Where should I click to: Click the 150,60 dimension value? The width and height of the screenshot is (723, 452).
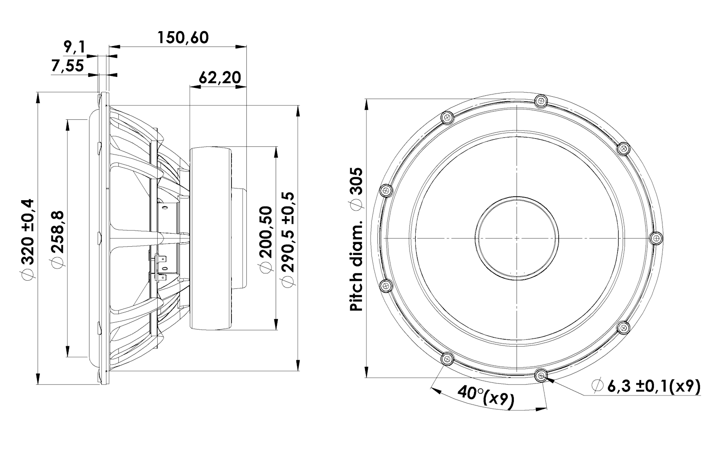coord(183,38)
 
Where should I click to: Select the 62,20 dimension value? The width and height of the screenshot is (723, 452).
coord(220,78)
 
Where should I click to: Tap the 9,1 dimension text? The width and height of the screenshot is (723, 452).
coord(74,47)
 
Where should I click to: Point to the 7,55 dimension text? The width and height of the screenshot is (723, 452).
coord(67,66)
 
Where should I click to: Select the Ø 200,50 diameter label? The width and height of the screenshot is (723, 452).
coord(266,240)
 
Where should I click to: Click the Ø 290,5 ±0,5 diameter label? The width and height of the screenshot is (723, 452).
coord(288,240)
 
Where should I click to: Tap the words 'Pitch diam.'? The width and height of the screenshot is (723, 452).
coord(356,266)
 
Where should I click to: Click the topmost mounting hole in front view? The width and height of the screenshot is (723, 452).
coord(541,101)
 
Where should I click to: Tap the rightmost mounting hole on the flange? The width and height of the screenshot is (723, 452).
coord(656,238)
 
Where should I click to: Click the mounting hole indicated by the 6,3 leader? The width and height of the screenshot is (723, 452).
coord(541,375)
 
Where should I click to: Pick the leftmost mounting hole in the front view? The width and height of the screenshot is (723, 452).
coord(386,191)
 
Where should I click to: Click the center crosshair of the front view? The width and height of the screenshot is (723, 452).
coord(517,238)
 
